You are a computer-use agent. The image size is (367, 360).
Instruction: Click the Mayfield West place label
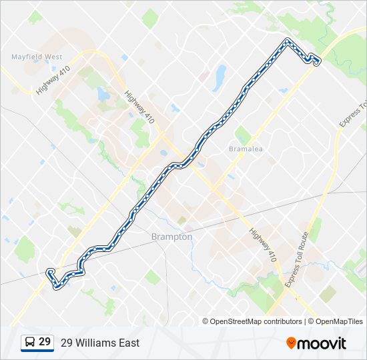coord(37,57)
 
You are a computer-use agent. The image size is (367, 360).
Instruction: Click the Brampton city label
coord(171,237)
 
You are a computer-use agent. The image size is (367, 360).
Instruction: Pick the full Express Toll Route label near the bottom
coord(296,259)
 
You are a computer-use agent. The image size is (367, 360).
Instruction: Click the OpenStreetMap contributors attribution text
coord(252,321)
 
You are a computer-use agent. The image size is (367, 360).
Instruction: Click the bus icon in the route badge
coord(30,342)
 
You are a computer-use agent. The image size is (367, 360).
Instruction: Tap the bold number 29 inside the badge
coord(45,342)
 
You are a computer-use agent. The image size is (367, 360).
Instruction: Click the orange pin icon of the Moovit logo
coord(291,343)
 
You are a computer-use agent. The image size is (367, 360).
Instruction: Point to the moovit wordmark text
coord(322,343)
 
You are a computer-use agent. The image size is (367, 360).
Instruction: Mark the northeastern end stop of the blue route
coord(316,63)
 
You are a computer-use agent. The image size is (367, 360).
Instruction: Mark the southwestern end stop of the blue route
coord(49,272)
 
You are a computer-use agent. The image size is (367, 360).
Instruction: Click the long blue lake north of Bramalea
coord(218,79)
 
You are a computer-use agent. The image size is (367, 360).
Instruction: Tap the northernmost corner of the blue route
coord(287,41)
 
